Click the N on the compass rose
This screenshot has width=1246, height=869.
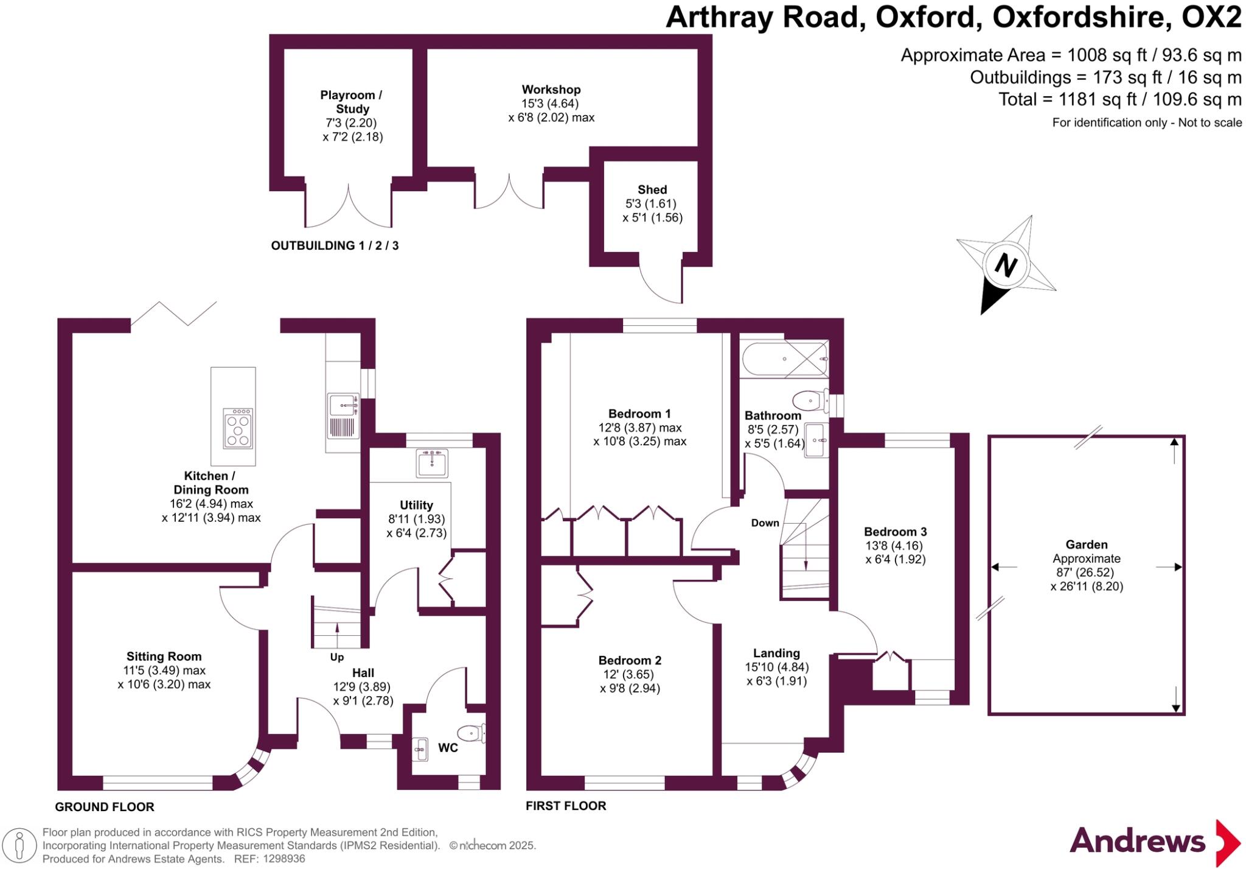coord(1006,266)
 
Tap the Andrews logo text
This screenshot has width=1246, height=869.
coord(1138,841)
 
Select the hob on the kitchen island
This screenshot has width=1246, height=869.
coord(238,428)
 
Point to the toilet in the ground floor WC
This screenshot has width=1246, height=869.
coord(472,733)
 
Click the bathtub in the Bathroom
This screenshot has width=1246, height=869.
coord(784,359)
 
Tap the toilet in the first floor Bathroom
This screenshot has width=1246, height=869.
coord(810,401)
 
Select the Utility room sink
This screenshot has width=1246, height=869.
coord(432,463)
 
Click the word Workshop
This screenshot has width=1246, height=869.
coord(551,90)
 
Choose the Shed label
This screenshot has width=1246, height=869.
coord(652,189)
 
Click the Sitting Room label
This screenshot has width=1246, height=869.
coord(164,656)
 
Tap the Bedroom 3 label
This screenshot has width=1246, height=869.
coord(895,532)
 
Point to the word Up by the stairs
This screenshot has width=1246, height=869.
coord(336,657)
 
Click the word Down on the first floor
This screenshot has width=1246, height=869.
coord(765,522)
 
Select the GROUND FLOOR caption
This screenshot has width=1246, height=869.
coord(105,807)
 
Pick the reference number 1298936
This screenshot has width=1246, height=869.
coord(284,859)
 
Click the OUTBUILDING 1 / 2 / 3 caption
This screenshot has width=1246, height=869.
coord(335,245)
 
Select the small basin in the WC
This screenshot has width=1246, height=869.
coord(420,748)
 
